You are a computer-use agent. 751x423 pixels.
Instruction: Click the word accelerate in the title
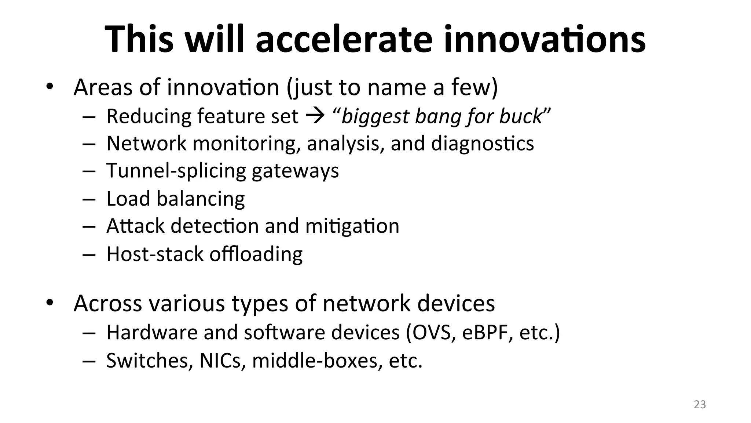[x=344, y=39]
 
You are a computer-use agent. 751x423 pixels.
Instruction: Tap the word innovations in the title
[x=545, y=39]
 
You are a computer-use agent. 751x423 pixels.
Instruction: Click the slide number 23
[x=700, y=405]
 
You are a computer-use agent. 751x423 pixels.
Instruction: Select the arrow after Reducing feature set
[x=315, y=116]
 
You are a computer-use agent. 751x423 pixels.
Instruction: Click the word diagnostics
[x=482, y=144]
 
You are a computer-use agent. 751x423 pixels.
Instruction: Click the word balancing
[x=201, y=199]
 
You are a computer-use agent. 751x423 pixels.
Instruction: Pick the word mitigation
[x=352, y=226]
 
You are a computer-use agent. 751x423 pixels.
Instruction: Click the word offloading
[x=256, y=254]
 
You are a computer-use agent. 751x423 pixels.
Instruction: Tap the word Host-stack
[x=155, y=254]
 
